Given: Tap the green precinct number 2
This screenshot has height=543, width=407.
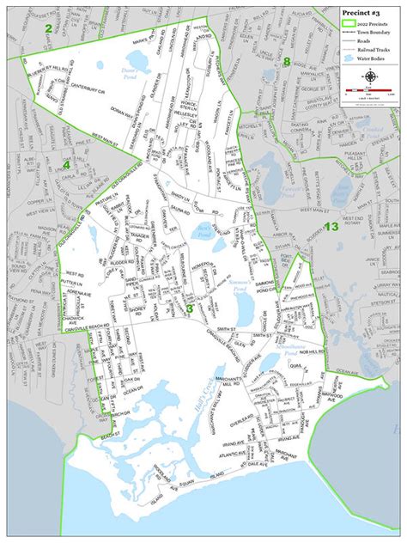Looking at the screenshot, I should pos(49,28).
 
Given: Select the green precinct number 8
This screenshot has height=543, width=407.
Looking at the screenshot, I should pos(288,61).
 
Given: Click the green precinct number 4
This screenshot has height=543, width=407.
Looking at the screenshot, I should pos(65,165).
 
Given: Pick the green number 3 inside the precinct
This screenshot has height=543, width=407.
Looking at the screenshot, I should pos(188,308).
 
